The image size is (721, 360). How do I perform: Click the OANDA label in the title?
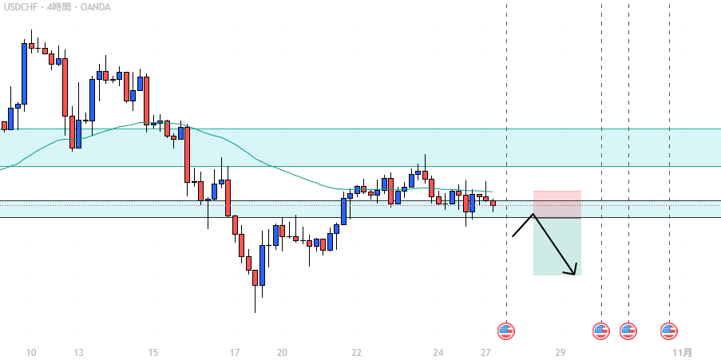tap(94, 7)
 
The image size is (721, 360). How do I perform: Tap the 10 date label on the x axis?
tap(31, 352)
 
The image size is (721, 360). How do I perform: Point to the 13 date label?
tap(78, 352)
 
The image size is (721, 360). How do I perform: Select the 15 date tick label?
tap(153, 352)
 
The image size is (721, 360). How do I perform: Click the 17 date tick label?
tap(234, 352)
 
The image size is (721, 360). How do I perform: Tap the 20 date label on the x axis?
tap(282, 352)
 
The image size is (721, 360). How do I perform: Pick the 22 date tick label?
tap(356, 352)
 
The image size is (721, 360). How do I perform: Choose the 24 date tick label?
tap(438, 352)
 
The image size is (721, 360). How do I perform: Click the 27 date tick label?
tap(486, 352)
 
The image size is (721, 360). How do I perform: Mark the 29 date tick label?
tap(561, 352)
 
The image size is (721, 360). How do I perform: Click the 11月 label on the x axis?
tap(682, 352)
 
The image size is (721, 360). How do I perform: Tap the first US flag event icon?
tap(506, 330)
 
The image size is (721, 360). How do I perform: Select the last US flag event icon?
tap(669, 330)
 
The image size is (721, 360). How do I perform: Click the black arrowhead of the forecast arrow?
tap(571, 271)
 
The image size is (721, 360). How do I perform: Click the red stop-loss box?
tap(557, 204)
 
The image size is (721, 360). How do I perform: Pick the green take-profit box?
tap(557, 247)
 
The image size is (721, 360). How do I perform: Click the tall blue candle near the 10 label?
tap(24, 73)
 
